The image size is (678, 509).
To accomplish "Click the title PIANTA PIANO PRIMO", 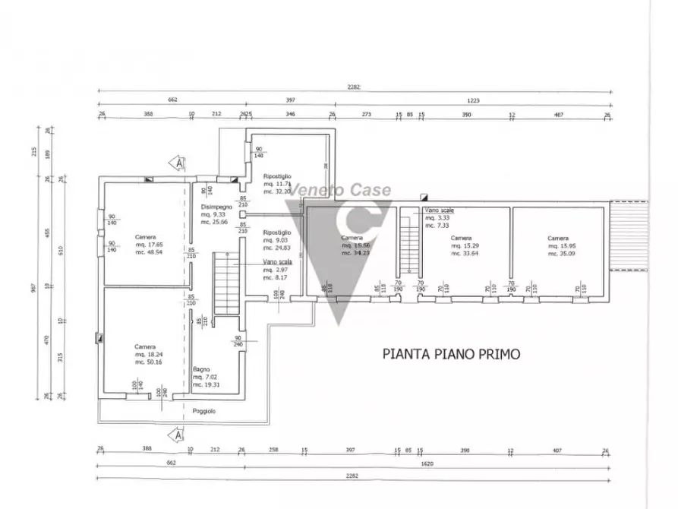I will coord(451,353).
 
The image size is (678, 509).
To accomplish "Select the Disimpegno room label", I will coord(213,207).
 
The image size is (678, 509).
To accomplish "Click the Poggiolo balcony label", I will coord(203,410).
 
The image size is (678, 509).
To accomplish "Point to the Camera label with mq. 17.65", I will coord(145,236).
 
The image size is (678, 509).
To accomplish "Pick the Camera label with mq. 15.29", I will coord(461,238).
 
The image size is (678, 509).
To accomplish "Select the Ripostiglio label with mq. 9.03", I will coord(275,232).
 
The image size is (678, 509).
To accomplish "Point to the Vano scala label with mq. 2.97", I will coord(275,261).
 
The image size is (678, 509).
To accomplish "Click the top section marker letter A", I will coord(178,163).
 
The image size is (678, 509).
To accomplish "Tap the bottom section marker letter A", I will coord(178,435).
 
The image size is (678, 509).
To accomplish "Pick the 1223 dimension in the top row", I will coord(472,100).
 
